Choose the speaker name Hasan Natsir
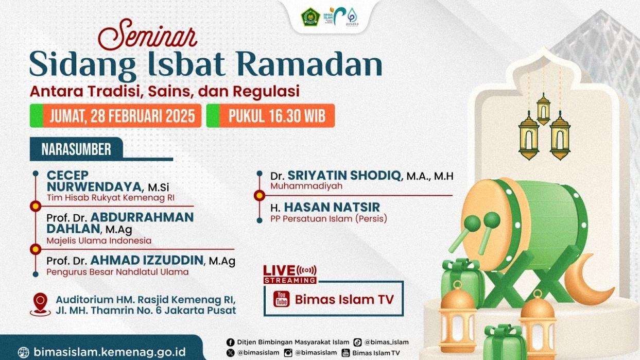(x=332, y=207)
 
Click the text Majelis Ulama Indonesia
(x=99, y=240)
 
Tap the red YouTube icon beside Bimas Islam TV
(x=281, y=299)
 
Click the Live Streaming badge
(x=290, y=274)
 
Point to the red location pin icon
(x=40, y=303)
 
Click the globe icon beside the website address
(x=24, y=353)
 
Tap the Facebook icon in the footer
(x=230, y=342)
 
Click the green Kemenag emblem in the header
(x=310, y=17)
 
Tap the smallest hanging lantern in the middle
(x=543, y=109)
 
